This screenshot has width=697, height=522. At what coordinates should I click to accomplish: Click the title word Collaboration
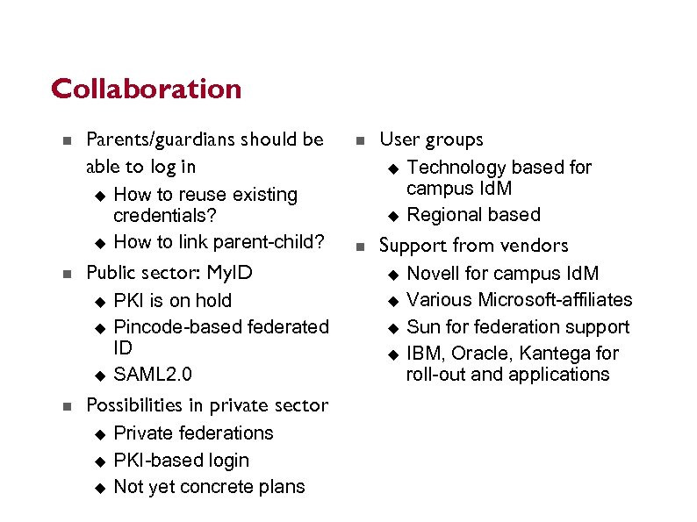pos(146,89)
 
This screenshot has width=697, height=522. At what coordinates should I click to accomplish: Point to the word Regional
pos(445,215)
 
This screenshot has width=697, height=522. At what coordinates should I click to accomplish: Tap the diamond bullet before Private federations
pos(99,434)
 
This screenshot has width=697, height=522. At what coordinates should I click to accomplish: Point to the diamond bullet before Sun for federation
pos(392,328)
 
